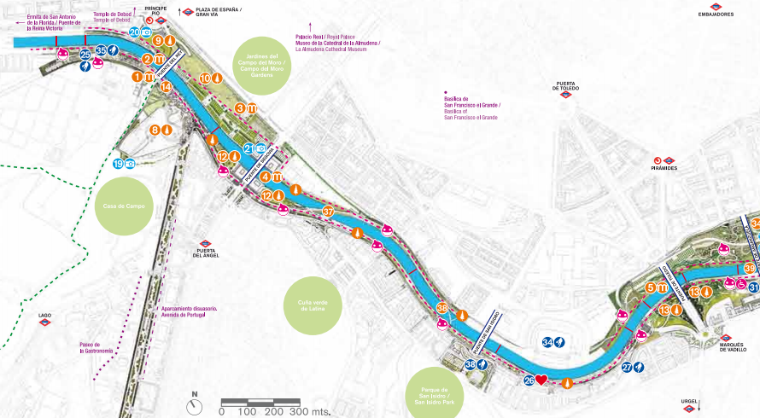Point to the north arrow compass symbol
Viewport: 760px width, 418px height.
pyautogui.click(x=195, y=406)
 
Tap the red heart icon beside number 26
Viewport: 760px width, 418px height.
pyautogui.click(x=541, y=380)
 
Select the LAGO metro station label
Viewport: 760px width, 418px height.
pyautogui.click(x=45, y=318)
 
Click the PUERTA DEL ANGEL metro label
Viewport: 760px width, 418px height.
pyautogui.click(x=206, y=251)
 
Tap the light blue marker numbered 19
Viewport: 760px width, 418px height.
pyautogui.click(x=119, y=164)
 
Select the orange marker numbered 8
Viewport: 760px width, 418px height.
pyautogui.click(x=155, y=130)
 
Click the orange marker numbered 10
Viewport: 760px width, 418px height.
pyautogui.click(x=205, y=78)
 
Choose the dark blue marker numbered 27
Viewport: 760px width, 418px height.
pyautogui.click(x=627, y=368)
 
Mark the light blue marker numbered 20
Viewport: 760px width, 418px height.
pyautogui.click(x=135, y=32)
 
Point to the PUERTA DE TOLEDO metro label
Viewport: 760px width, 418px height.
pyautogui.click(x=565, y=88)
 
